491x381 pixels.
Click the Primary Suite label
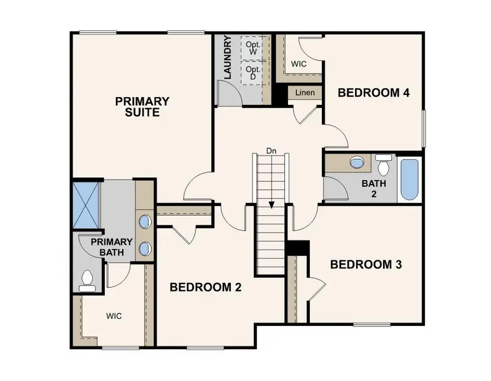(142, 107)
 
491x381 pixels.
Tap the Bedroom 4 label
(374, 93)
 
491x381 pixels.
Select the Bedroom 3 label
(366, 264)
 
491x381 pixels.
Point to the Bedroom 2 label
(206, 287)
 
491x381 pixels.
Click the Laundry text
(227, 57)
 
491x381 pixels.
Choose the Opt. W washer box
(253, 47)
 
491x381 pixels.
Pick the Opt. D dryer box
(253, 73)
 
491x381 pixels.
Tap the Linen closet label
(305, 93)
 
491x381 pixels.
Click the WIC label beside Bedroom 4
(299, 64)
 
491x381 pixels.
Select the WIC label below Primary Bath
(114, 316)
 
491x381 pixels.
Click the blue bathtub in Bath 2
(410, 180)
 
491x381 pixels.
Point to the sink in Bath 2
(357, 163)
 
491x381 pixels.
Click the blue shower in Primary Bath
(86, 205)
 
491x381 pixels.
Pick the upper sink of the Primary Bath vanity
(145, 222)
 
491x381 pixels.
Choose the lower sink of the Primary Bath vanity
(145, 249)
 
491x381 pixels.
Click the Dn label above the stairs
(271, 151)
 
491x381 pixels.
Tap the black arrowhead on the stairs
(272, 205)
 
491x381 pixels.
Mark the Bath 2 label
(374, 189)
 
